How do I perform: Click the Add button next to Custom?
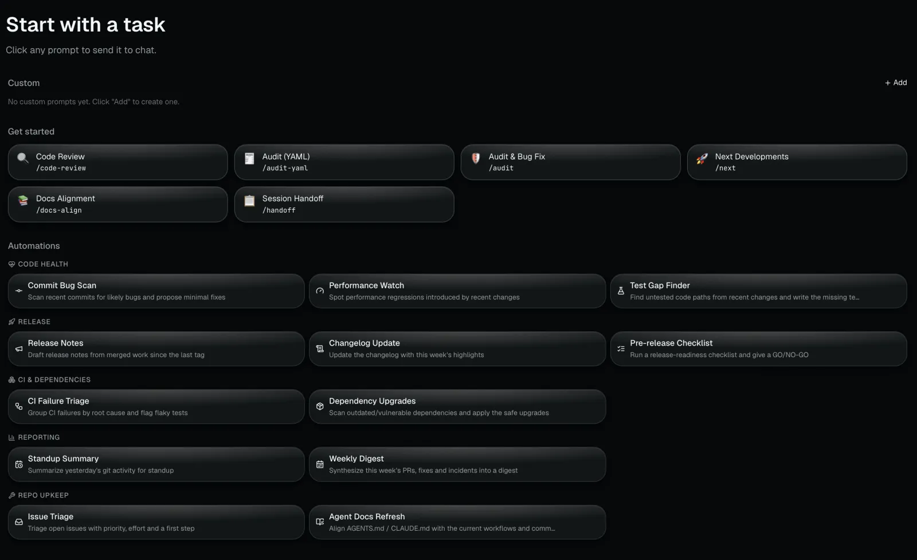[x=896, y=83]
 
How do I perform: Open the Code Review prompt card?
[x=118, y=162]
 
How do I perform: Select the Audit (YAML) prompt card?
[x=344, y=162]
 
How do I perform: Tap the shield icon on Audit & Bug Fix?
[x=476, y=158]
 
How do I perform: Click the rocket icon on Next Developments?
[x=702, y=158]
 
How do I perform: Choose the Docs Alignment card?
[x=118, y=204]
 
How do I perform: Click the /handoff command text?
[x=279, y=210]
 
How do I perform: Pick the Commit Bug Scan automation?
[x=156, y=291]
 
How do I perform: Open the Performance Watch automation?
[x=457, y=291]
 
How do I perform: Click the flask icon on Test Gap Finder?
[x=621, y=291]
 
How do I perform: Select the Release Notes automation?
[x=156, y=348]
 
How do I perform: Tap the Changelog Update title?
[x=365, y=343]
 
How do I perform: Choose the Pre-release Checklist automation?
[x=759, y=348]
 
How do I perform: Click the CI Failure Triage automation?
[x=156, y=406]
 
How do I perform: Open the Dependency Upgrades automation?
[x=457, y=406]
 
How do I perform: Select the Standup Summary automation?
[x=156, y=464]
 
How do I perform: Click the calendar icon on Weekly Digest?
[x=320, y=464]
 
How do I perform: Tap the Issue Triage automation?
[x=156, y=522]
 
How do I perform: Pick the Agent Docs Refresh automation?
[x=457, y=522]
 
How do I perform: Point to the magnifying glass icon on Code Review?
[x=23, y=158]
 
